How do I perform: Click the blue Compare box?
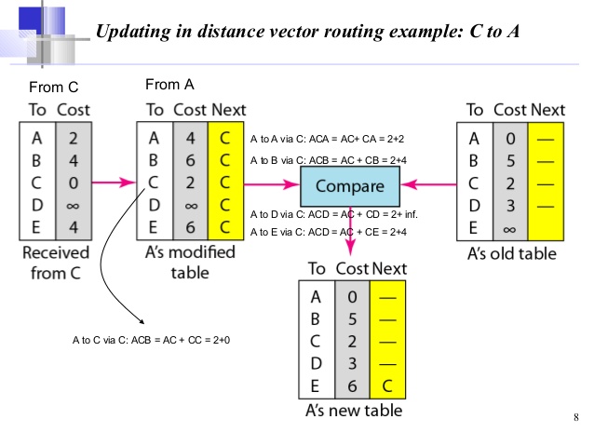[349, 186]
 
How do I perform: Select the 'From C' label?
[54, 88]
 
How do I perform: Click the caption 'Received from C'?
[57, 263]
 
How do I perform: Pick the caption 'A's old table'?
[516, 253]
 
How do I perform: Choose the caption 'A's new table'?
[358, 411]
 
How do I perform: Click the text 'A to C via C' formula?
[151, 341]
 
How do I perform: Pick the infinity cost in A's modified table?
[190, 203]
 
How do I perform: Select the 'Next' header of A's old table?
[547, 110]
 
